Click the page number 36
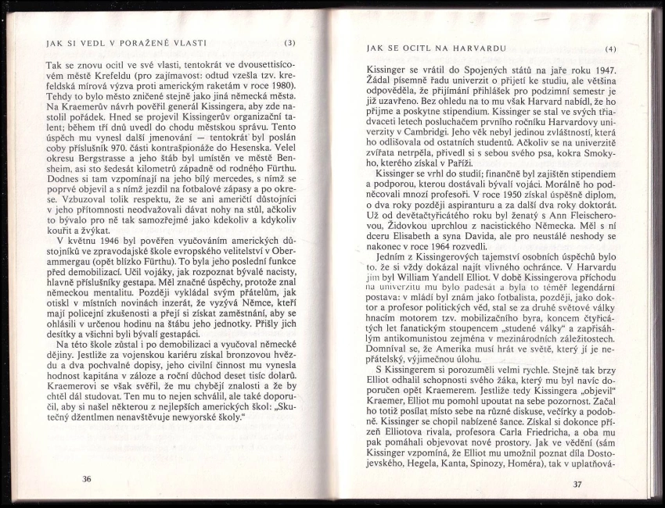tap(87, 478)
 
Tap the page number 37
tap(577, 485)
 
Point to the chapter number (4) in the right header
tap(611, 50)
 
